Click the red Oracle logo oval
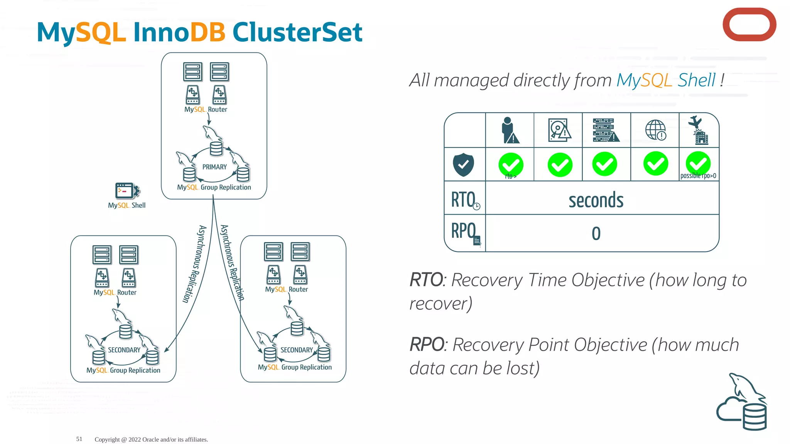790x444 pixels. click(x=749, y=25)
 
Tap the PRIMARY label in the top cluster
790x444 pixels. click(x=214, y=167)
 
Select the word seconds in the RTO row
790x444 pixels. click(x=596, y=200)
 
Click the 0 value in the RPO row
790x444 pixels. click(x=596, y=234)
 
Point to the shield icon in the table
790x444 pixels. click(x=463, y=165)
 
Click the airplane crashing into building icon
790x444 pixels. click(x=699, y=130)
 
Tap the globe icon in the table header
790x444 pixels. click(x=655, y=130)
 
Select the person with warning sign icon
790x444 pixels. click(x=510, y=130)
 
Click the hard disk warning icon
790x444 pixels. click(x=559, y=130)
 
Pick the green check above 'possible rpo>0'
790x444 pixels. click(x=698, y=163)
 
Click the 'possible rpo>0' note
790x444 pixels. click(x=698, y=176)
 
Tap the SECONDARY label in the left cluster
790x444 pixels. click(x=124, y=350)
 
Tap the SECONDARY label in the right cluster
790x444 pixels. click(x=296, y=350)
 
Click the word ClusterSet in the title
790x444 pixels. click(x=297, y=32)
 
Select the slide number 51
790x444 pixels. click(x=79, y=439)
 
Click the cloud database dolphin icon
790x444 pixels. click(x=743, y=403)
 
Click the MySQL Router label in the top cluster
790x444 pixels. click(x=206, y=109)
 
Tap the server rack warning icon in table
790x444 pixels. click(x=605, y=130)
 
